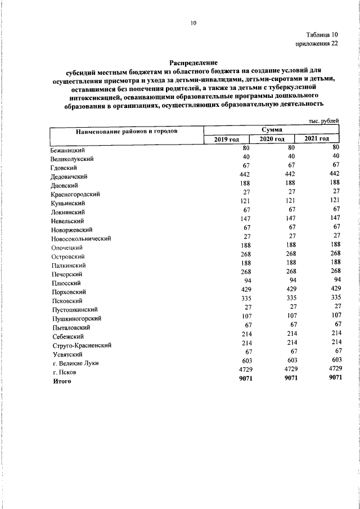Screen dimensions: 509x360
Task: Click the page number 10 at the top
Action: [x=194, y=23]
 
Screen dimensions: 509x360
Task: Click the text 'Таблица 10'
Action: [x=322, y=35]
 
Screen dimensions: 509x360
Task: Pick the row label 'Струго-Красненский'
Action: [x=80, y=345]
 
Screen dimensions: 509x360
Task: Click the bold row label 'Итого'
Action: [x=62, y=381]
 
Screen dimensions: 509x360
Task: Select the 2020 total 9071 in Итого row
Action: [x=286, y=378]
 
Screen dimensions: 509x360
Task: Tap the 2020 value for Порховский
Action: [x=287, y=289]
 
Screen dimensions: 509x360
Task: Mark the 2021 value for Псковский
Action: [x=336, y=298]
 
